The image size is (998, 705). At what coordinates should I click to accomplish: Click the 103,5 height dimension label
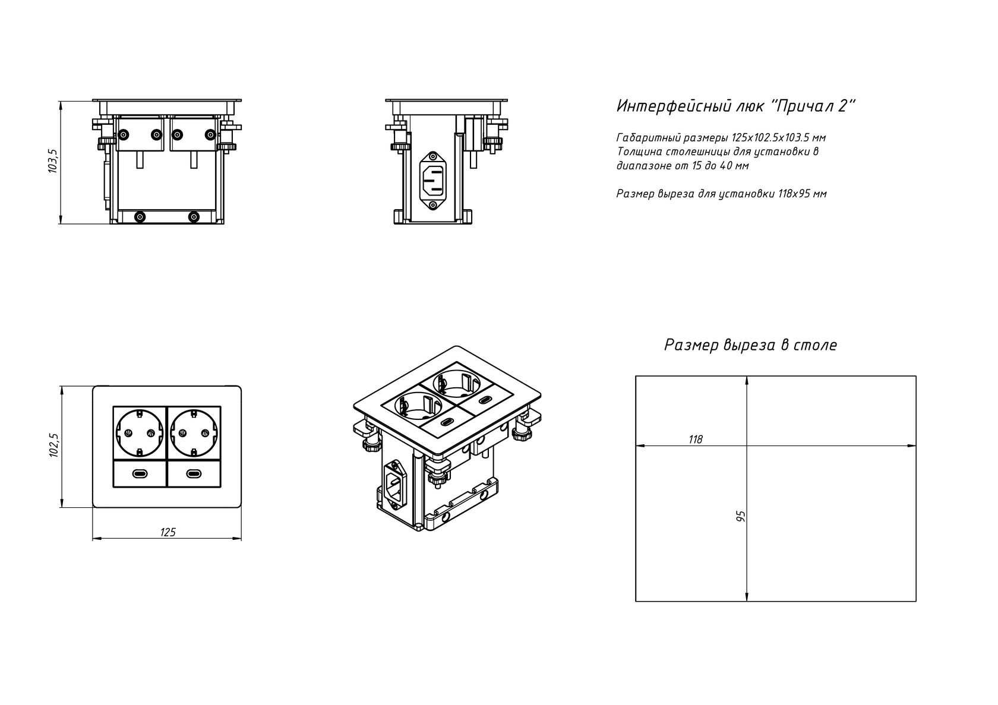[x=52, y=161]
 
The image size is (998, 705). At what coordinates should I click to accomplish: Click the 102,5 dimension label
[x=53, y=445]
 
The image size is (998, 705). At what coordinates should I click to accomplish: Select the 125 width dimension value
[x=168, y=532]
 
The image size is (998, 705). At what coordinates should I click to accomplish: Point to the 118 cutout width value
[x=696, y=440]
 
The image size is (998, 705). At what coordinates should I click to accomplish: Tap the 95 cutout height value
[x=741, y=516]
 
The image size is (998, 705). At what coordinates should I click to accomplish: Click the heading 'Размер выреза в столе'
[x=751, y=344]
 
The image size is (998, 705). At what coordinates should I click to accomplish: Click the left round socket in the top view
[x=140, y=432]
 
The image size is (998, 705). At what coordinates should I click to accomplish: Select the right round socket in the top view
[x=194, y=432]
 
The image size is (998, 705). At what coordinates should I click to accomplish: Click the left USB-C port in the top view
[x=140, y=473]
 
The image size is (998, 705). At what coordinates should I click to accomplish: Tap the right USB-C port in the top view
[x=194, y=473]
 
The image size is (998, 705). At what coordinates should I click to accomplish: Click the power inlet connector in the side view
[x=432, y=181]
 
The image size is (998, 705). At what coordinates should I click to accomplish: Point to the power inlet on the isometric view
[x=396, y=483]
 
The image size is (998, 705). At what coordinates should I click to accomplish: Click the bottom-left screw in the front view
[x=140, y=217]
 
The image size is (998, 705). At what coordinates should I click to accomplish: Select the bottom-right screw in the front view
[x=194, y=217]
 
